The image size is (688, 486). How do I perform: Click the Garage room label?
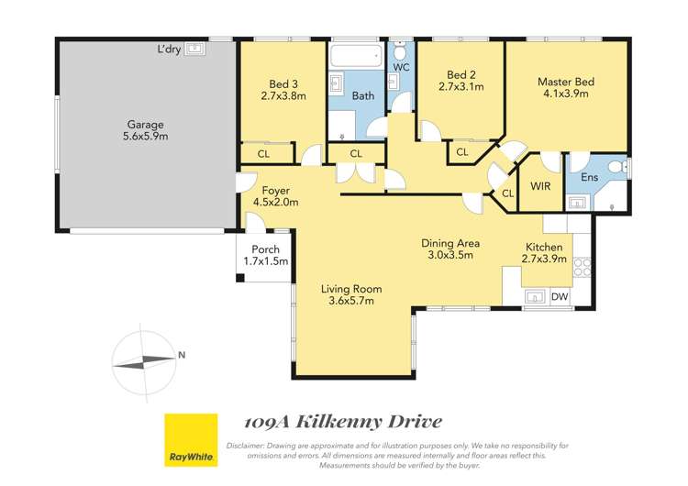pos(146,124)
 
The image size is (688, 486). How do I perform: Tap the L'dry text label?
pos(169,50)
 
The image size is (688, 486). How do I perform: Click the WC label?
pos(401,68)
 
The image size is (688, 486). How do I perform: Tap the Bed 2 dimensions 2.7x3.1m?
pos(461,88)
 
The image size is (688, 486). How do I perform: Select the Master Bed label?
pos(566,82)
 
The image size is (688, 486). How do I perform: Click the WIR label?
pos(540,186)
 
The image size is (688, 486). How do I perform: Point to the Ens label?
pos(590,177)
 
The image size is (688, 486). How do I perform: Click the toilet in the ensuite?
pos(623,168)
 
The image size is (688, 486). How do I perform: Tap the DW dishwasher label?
pos(560,295)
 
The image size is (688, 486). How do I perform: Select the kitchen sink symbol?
pos(533,296)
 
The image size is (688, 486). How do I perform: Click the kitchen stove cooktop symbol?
pos(582,268)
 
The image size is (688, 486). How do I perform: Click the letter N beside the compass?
pos(183,355)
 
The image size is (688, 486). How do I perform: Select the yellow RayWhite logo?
pos(191,439)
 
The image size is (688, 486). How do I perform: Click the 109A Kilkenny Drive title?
pos(343,422)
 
